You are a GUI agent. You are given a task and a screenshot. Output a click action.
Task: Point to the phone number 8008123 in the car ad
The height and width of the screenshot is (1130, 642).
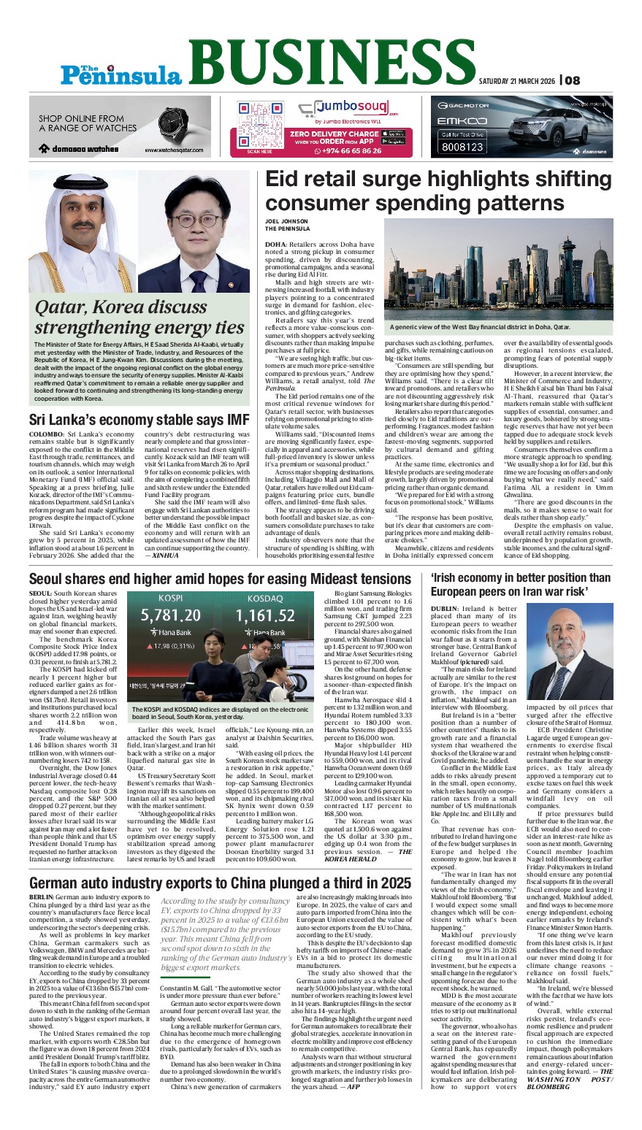[x=462, y=147]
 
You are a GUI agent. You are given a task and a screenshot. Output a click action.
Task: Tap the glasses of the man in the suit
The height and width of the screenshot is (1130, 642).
[x=199, y=220]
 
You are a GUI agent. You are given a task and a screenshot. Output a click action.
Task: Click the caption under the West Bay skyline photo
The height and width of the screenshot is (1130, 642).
[x=480, y=327]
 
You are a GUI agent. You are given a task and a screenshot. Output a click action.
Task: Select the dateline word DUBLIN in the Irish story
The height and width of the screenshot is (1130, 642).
[x=445, y=608]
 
